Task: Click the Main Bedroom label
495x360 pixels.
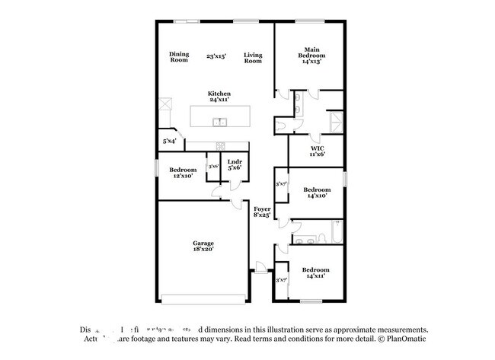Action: [x=311, y=56]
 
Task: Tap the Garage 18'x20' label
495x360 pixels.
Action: [x=203, y=245]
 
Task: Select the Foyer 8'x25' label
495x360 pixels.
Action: [x=261, y=212]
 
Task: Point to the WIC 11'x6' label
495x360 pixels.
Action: [x=318, y=151]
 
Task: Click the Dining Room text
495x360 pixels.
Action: [x=179, y=56]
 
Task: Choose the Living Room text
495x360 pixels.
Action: [x=253, y=56]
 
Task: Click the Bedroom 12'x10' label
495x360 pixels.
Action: [x=182, y=172]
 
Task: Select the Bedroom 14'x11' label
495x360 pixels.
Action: [x=315, y=273]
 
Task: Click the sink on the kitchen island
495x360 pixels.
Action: [x=220, y=122]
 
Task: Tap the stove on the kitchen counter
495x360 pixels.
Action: [x=219, y=145]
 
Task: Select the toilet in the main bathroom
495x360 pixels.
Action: [x=283, y=124]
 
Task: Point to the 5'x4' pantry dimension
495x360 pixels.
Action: [x=169, y=141]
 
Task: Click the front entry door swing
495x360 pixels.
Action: [x=260, y=268]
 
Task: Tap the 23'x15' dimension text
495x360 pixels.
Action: [x=216, y=56]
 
